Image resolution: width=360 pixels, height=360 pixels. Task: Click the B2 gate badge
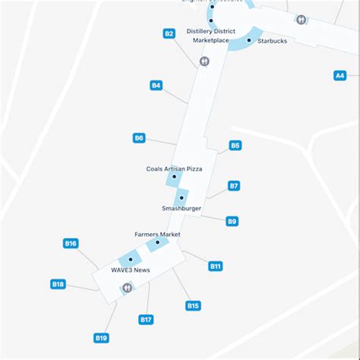pyautogui.click(x=169, y=33)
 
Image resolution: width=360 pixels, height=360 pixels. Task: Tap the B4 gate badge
pyautogui.click(x=156, y=86)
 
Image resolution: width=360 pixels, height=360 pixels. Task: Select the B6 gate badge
pyautogui.click(x=139, y=138)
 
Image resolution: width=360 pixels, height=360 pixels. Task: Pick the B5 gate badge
pyautogui.click(x=235, y=145)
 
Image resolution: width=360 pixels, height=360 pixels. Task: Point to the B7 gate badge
pyautogui.click(x=234, y=185)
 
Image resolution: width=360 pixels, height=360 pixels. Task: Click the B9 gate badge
pyautogui.click(x=232, y=221)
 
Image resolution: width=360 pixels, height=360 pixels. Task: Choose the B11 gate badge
pyautogui.click(x=216, y=266)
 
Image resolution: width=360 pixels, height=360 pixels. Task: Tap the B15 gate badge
pyautogui.click(x=194, y=305)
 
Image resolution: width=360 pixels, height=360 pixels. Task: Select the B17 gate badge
pyautogui.click(x=147, y=320)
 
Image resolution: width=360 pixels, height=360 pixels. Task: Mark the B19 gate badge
pyautogui.click(x=101, y=337)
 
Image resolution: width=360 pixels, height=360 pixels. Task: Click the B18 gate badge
pyautogui.click(x=58, y=284)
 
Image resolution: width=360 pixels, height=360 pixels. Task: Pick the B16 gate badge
pyautogui.click(x=71, y=244)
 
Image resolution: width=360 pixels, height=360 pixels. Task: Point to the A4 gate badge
pyautogui.click(x=340, y=75)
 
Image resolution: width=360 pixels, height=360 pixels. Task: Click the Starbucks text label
pyautogui.click(x=273, y=41)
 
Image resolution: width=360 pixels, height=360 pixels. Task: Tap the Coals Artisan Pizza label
pyautogui.click(x=174, y=169)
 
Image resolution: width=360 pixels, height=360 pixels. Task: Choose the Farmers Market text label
pyautogui.click(x=157, y=235)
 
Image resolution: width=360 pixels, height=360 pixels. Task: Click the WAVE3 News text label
pyautogui.click(x=131, y=270)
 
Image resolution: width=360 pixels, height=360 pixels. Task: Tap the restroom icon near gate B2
pyautogui.click(x=204, y=62)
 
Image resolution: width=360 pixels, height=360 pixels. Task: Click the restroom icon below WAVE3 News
pyautogui.click(x=127, y=288)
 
